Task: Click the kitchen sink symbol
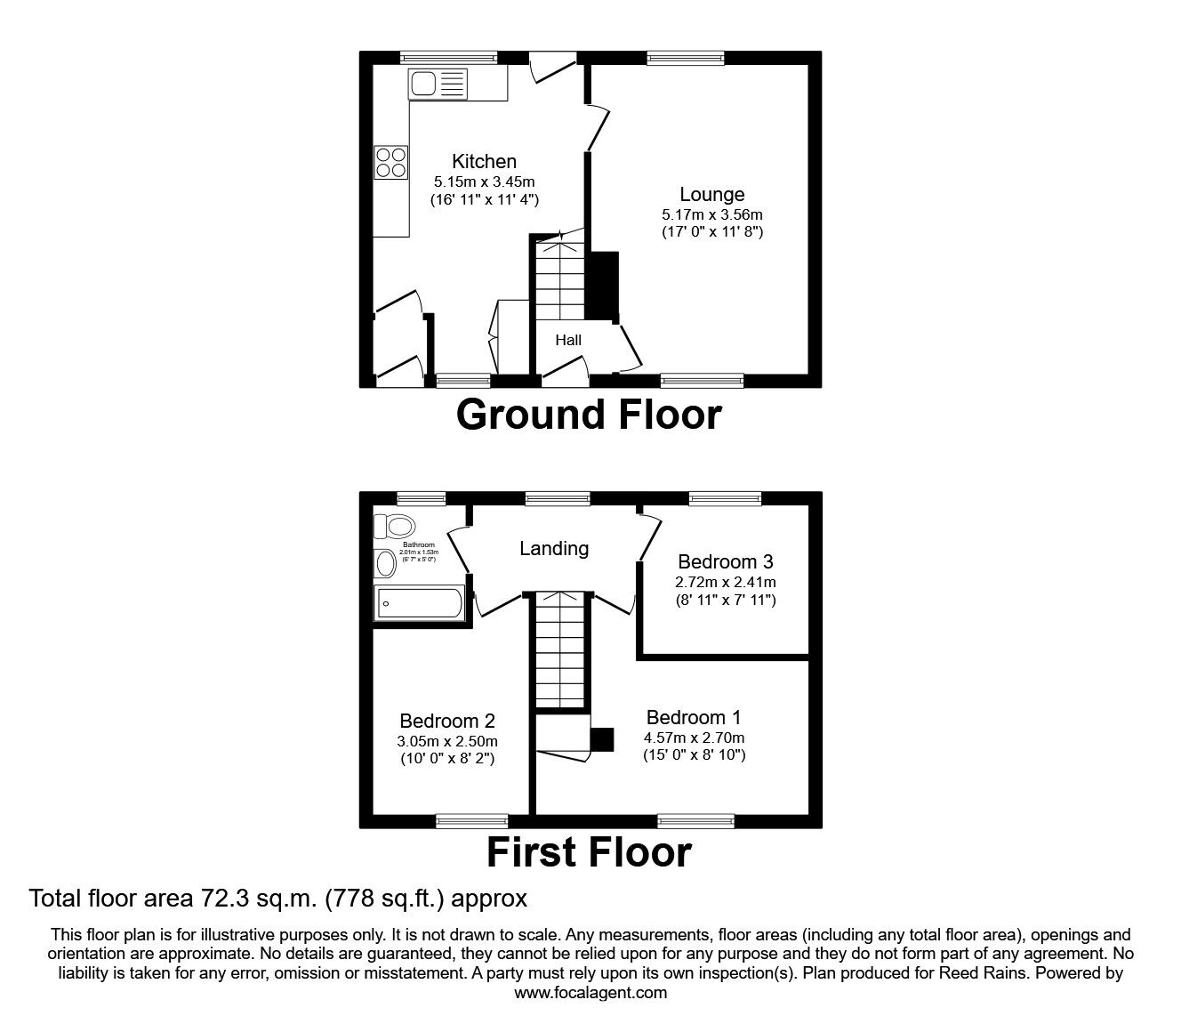(x=438, y=85)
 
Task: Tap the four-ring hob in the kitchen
(x=390, y=162)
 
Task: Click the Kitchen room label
(x=484, y=161)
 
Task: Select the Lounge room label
(x=711, y=194)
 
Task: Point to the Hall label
(x=568, y=340)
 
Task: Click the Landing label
(x=553, y=548)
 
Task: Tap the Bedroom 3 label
(x=725, y=561)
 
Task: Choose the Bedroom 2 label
(x=446, y=721)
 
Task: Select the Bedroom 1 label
(x=694, y=717)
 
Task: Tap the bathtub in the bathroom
(x=418, y=603)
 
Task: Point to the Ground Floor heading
(x=588, y=415)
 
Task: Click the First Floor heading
(x=588, y=852)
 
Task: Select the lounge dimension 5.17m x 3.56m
(x=711, y=214)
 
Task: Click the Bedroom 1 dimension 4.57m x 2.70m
(x=694, y=738)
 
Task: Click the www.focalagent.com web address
(x=590, y=993)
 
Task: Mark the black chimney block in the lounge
(x=605, y=286)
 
